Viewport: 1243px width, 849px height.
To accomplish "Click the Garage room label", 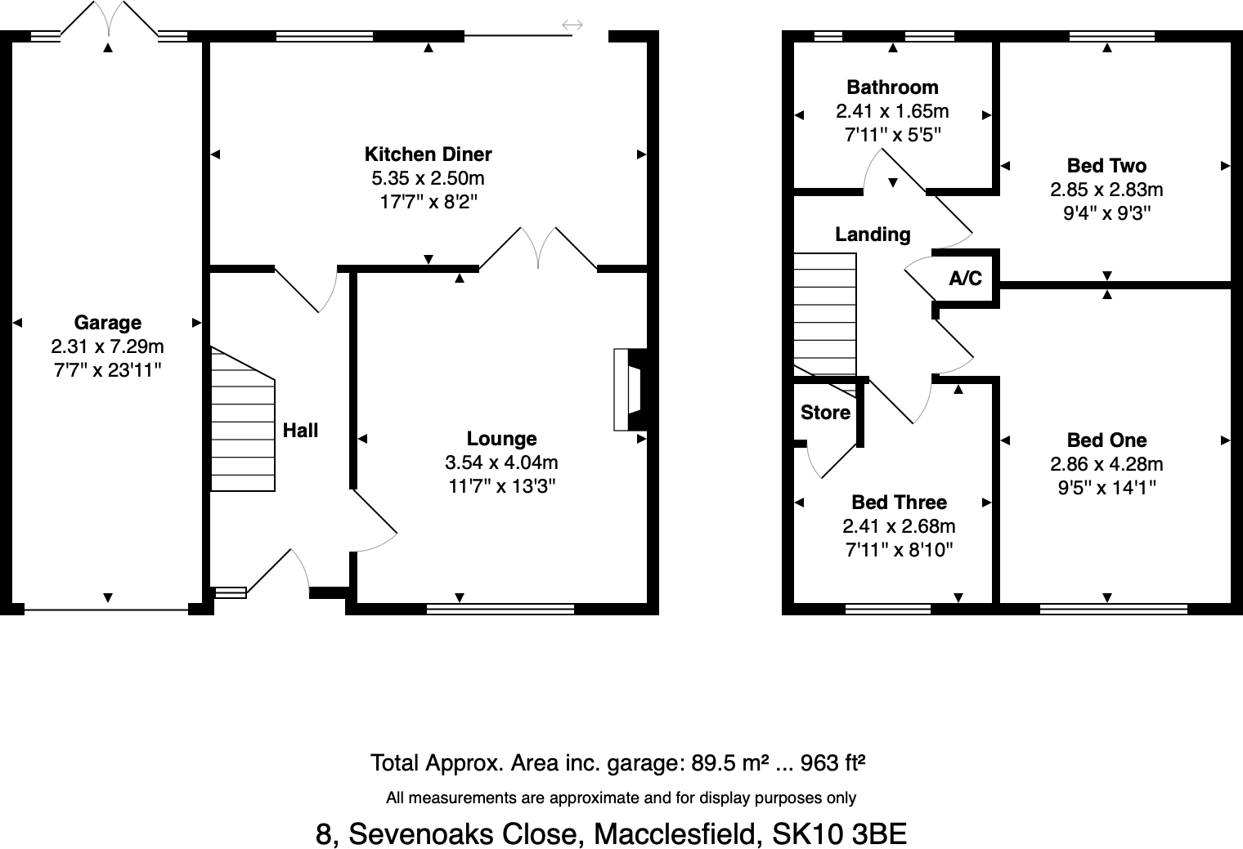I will pos(107,323).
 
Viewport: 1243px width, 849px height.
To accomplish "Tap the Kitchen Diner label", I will pos(428,154).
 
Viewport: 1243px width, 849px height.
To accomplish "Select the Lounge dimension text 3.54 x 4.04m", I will pos(501,463).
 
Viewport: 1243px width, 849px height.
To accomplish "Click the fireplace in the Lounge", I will pos(630,390).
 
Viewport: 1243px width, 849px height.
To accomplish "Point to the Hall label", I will pos(300,431).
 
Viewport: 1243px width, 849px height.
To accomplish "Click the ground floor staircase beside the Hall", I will pos(242,425).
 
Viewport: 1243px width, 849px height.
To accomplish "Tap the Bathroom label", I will pos(892,87).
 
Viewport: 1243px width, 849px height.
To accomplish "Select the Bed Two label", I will pos(1106,166).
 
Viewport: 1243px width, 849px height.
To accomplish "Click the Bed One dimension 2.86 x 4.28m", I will pos(1106,464).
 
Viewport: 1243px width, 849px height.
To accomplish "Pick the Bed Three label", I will pos(899,503).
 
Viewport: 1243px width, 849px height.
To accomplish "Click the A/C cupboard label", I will pos(965,279).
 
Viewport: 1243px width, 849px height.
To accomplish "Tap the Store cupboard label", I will pos(825,413).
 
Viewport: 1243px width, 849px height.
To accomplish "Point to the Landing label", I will pos(873,235).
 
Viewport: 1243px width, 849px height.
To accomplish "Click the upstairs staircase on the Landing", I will pos(825,315).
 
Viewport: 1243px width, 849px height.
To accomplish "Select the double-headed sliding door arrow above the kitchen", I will pos(572,25).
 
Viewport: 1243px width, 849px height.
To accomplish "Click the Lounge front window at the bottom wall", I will pos(500,609).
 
